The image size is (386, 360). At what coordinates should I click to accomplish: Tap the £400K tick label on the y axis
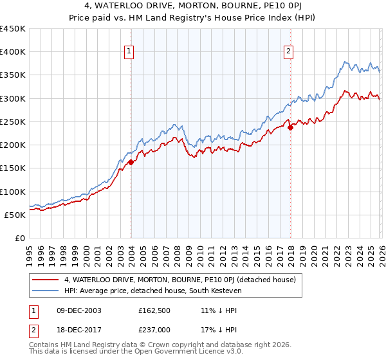[13, 52]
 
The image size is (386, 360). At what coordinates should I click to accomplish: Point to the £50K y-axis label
[15, 215]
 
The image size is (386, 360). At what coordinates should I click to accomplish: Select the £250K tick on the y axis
[13, 122]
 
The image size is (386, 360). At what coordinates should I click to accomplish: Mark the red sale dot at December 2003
[131, 163]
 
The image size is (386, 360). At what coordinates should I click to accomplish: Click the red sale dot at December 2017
[290, 127]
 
